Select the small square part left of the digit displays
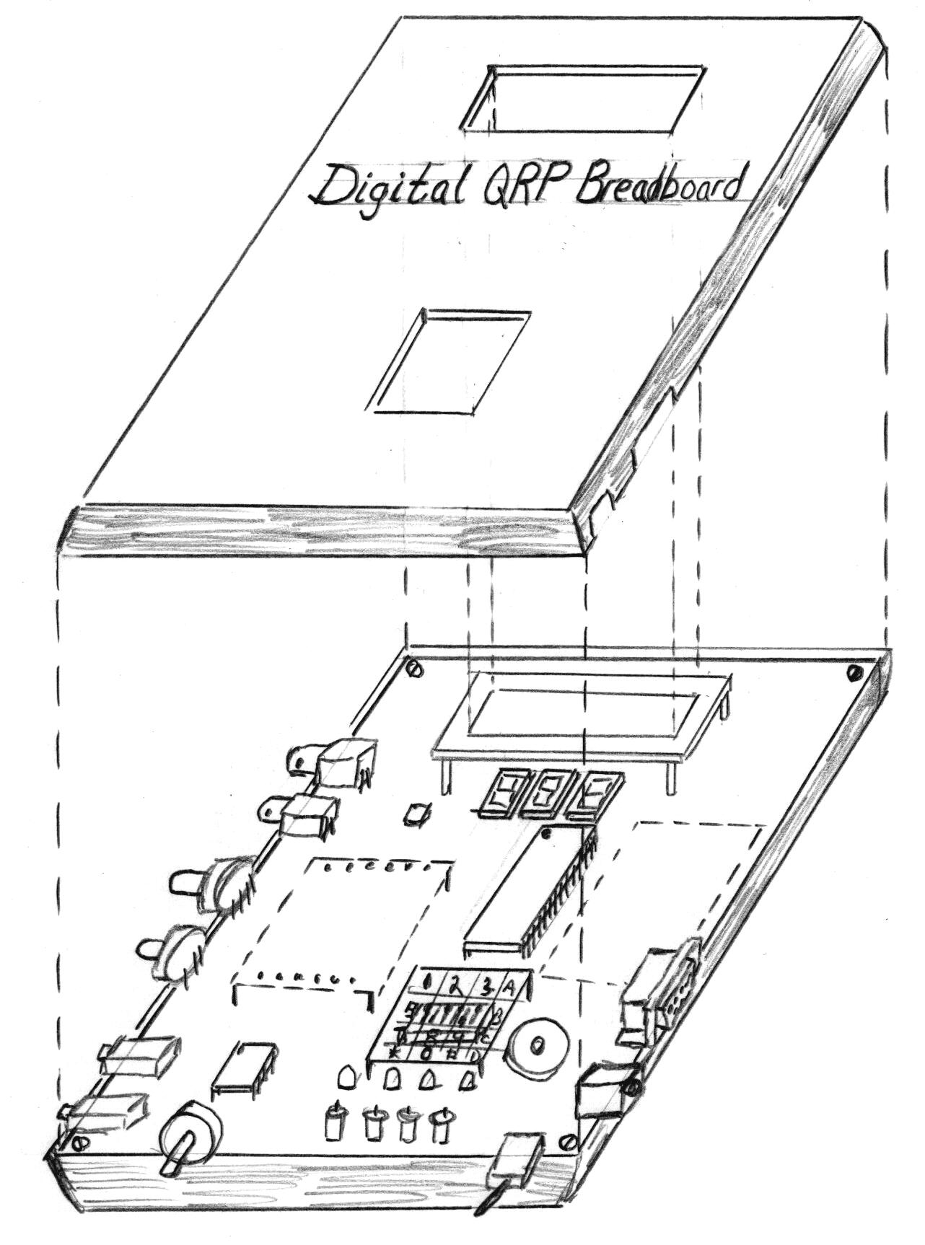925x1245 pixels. [416, 814]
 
